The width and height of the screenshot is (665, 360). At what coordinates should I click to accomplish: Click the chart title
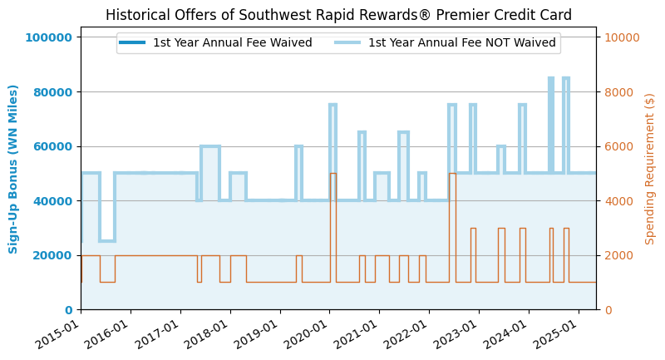338,15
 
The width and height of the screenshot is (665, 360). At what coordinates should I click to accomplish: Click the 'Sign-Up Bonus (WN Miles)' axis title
14,169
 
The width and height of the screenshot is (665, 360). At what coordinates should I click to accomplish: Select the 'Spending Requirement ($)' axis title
650,169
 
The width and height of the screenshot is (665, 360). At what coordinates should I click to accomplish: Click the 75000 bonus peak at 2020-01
332,105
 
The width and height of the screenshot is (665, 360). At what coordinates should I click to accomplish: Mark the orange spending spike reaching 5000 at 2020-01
332,174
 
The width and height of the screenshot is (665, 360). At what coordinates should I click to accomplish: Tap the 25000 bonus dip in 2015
107,241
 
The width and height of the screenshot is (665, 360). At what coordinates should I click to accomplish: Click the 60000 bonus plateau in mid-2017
210,146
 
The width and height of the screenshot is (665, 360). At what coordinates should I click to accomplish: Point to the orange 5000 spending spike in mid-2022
452,174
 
